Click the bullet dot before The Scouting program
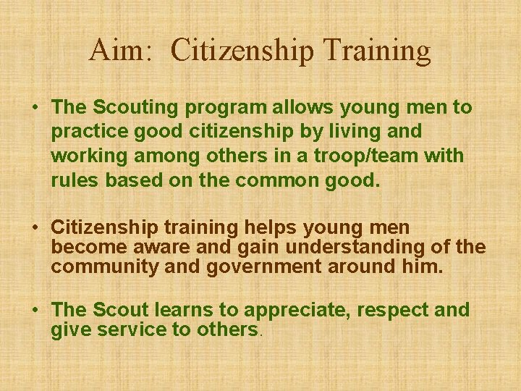click(35, 108)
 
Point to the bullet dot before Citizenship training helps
click(35, 228)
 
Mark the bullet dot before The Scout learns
click(35, 311)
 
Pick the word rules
click(75, 180)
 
